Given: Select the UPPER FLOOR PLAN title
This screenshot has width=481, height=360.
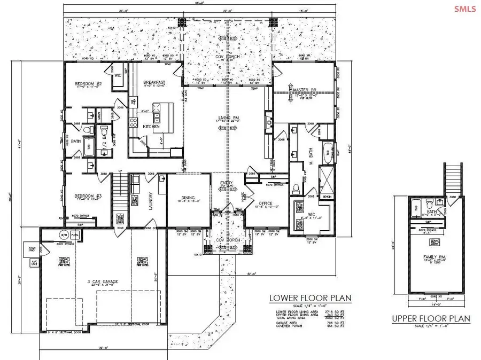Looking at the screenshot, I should [x=430, y=318].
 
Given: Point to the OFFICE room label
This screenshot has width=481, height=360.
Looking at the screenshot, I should [x=266, y=204].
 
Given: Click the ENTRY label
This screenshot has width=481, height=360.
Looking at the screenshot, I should [x=227, y=184].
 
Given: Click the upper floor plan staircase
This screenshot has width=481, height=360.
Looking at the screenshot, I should [x=452, y=179].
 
